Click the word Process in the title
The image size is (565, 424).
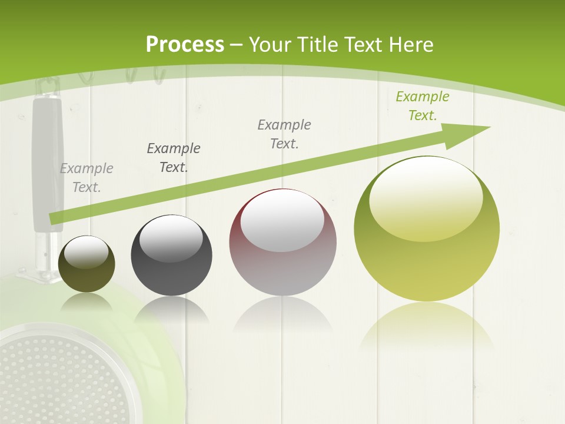(185, 45)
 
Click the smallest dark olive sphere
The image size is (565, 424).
(87, 264)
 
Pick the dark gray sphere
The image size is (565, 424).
(171, 255)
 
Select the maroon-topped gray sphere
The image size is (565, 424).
(282, 242)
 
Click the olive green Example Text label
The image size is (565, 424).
(423, 106)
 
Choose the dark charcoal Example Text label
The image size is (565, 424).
(174, 157)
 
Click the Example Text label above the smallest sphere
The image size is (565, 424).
(87, 177)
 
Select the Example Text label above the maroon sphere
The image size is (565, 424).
(284, 134)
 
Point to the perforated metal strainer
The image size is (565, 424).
(53, 377)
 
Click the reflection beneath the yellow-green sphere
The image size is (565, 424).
(427, 330)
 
